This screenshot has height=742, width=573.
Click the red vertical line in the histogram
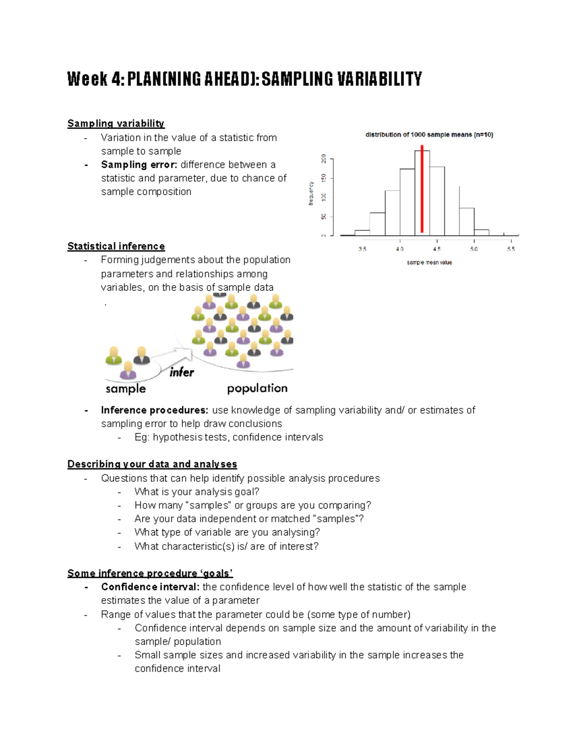tap(422, 191)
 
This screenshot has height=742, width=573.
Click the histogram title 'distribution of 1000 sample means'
tap(429, 135)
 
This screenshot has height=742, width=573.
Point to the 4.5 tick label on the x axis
tap(437, 249)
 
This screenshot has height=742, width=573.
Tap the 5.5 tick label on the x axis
tap(511, 249)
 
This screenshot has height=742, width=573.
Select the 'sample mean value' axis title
tap(429, 262)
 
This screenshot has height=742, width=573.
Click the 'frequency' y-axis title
tap(311, 194)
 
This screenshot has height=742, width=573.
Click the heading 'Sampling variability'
tap(116, 124)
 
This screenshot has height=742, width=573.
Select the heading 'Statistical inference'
tap(116, 247)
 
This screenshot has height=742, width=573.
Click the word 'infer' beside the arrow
tap(181, 373)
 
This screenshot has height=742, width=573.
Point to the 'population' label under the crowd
tap(257, 388)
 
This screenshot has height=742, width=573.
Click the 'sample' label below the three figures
tap(126, 389)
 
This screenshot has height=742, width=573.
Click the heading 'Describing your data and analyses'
tap(152, 464)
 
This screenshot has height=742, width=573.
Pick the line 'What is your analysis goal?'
tap(197, 492)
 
